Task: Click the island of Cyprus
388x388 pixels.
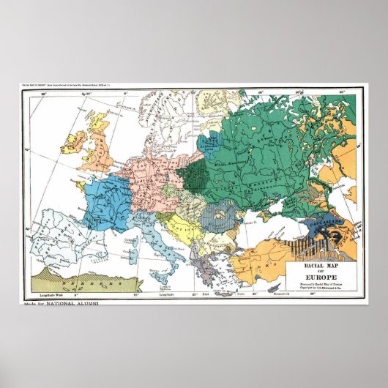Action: (x=275, y=288)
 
